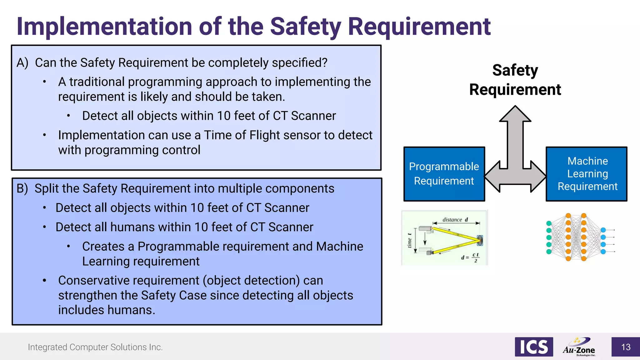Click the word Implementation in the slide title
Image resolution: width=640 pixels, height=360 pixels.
pyautogui.click(x=104, y=27)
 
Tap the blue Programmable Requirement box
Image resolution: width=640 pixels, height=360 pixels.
pyautogui.click(x=444, y=174)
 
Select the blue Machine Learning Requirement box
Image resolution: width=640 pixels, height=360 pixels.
pyautogui.click(x=587, y=174)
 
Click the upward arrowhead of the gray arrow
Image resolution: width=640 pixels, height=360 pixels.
pyautogui.click(x=515, y=114)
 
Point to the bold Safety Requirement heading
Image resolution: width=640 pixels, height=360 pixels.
pyautogui.click(x=515, y=80)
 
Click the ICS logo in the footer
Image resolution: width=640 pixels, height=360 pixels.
pyautogui.click(x=534, y=347)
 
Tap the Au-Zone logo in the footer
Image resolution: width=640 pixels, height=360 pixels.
pyautogui.click(x=579, y=347)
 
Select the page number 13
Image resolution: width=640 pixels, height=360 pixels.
pyautogui.click(x=626, y=347)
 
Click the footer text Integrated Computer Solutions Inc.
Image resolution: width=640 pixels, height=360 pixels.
pyautogui.click(x=95, y=347)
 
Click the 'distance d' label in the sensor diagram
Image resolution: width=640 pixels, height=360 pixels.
pyautogui.click(x=455, y=220)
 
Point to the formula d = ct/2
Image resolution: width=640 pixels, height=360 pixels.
pyautogui.click(x=470, y=257)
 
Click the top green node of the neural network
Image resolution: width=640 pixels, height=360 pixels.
pyautogui.click(x=549, y=223)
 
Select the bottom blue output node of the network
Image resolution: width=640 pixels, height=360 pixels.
pyautogui.click(x=603, y=252)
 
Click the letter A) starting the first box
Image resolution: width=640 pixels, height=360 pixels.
pyautogui.click(x=22, y=63)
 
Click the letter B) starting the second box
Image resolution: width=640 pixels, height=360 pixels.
pyautogui.click(x=22, y=189)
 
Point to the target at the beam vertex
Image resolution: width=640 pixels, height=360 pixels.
pyautogui.click(x=480, y=240)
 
